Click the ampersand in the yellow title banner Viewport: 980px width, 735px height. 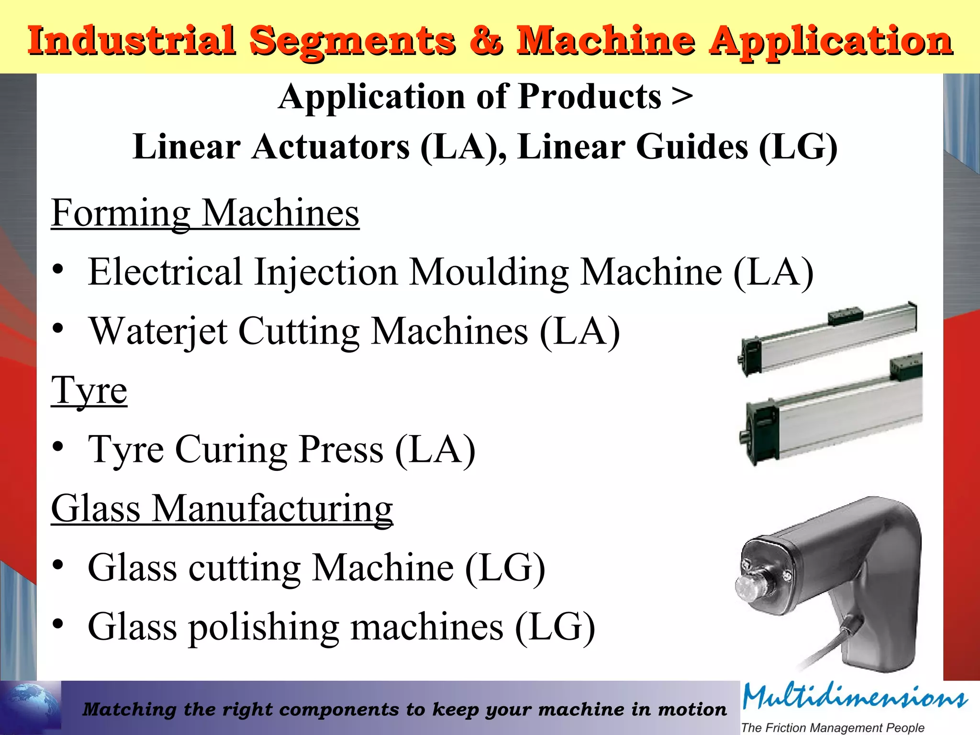click(486, 40)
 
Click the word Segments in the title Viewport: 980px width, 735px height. click(352, 41)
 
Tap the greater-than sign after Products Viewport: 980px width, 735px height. click(682, 97)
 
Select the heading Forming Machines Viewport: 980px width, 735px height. click(205, 213)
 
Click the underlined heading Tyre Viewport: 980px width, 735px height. click(89, 390)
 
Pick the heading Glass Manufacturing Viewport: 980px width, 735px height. click(222, 509)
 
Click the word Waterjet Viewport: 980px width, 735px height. click(159, 331)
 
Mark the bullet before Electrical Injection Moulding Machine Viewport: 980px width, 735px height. click(58, 269)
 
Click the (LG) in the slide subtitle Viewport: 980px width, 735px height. click(798, 147)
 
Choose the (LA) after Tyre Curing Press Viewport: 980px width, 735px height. click(435, 450)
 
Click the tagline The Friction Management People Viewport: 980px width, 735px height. click(833, 727)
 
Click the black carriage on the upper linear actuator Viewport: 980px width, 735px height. click(846, 316)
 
